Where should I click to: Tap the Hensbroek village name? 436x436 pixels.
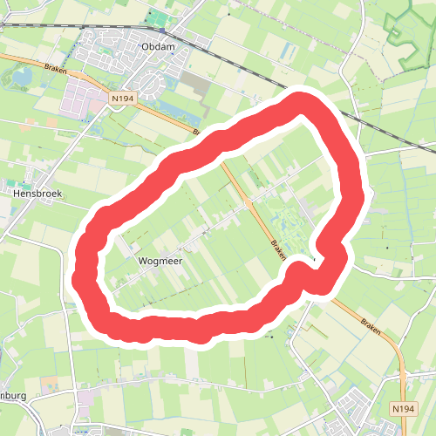34,191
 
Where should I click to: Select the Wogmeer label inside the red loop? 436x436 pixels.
158,260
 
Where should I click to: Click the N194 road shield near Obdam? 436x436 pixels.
122,100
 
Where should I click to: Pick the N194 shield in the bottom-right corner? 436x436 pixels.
402,407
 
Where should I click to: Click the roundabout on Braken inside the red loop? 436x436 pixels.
248,202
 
